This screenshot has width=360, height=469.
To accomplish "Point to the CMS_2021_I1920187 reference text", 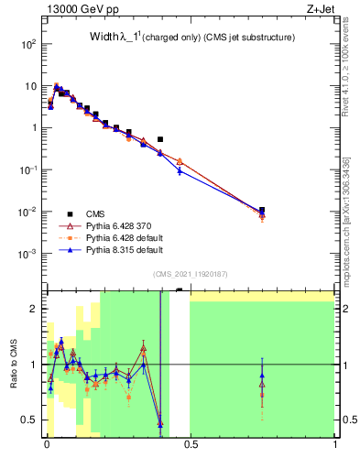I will point(190,273).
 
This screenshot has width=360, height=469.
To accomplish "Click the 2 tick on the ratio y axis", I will point(33,309).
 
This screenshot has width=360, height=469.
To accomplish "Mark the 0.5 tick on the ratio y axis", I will point(29,420).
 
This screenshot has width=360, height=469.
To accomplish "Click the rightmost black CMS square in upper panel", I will point(262,210).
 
